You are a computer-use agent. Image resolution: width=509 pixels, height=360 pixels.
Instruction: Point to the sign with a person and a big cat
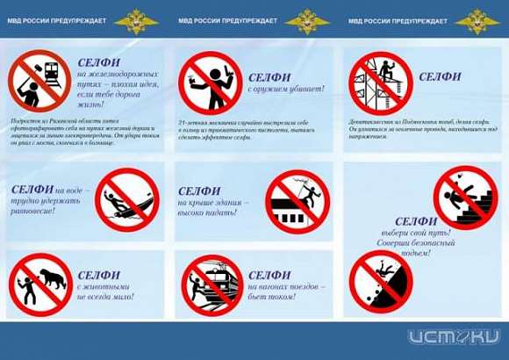[x=40, y=283]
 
